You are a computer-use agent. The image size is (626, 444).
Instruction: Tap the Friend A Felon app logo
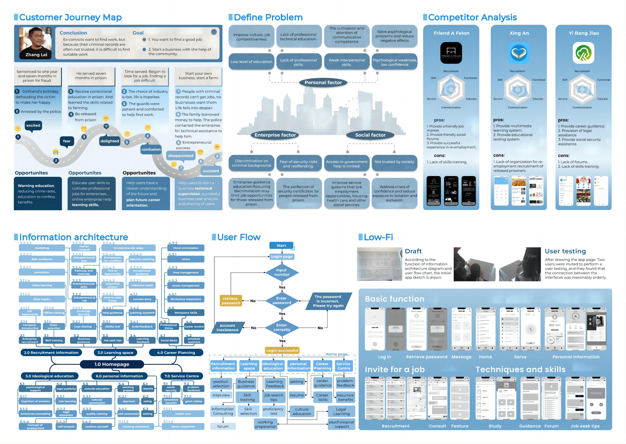(x=451, y=53)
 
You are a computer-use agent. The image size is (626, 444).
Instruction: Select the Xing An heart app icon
(x=519, y=53)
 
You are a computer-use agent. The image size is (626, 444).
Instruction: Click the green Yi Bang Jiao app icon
(x=583, y=53)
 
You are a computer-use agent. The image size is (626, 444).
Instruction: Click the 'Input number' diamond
(x=282, y=272)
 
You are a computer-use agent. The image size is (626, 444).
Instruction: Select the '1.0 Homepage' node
(x=112, y=364)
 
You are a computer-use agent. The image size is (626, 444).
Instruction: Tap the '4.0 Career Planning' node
(x=176, y=353)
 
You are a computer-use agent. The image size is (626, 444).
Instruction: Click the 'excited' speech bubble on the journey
(x=33, y=126)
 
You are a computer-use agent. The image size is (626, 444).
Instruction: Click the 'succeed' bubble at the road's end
(x=211, y=171)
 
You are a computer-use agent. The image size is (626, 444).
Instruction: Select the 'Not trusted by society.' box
(x=394, y=162)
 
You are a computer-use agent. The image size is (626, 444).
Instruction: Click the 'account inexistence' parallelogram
(x=228, y=328)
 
